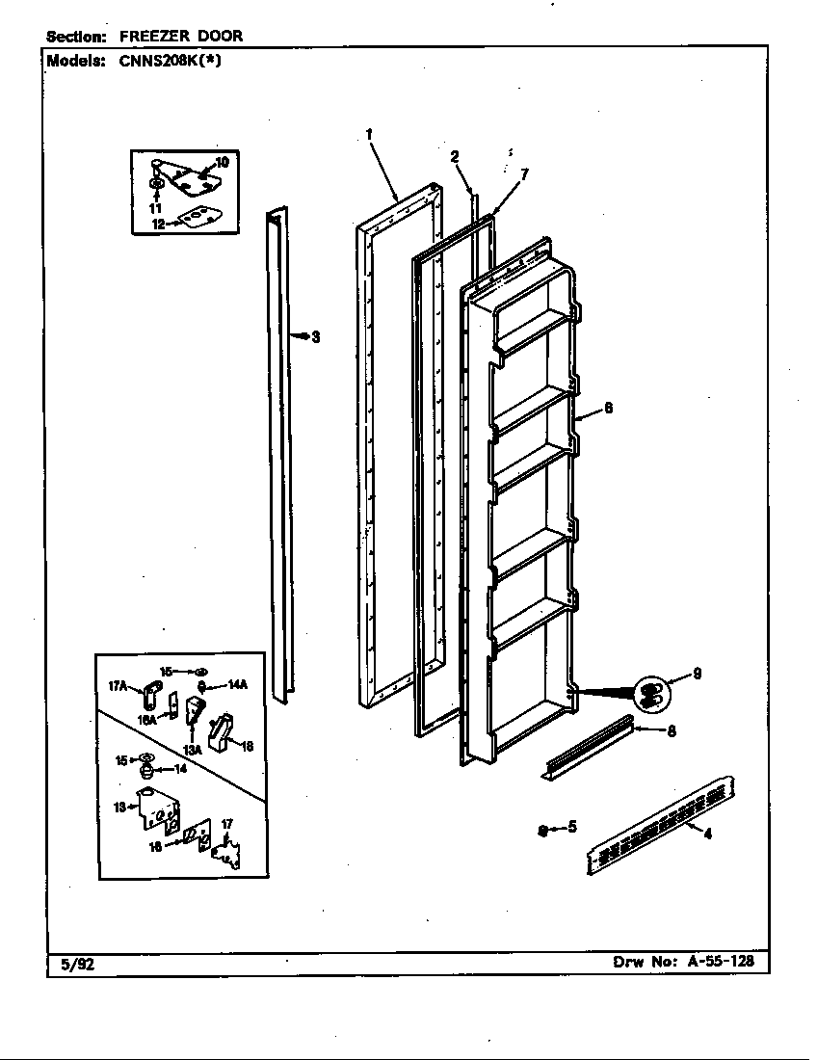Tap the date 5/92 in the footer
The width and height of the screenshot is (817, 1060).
[68, 963]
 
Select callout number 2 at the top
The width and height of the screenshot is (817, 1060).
[455, 156]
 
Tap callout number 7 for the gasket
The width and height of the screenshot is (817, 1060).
[523, 173]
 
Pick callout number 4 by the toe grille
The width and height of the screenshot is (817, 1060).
[708, 835]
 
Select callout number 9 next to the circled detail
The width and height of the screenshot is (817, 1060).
[697, 675]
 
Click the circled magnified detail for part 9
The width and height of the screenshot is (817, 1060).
[648, 692]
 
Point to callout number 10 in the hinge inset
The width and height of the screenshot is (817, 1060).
[222, 162]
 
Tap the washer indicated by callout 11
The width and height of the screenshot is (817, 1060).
[156, 183]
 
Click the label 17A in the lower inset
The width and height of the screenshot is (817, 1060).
[119, 685]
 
